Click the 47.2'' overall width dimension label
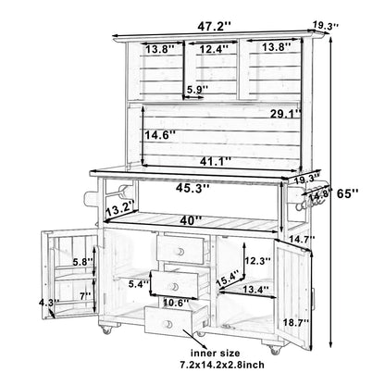click(x=214, y=26)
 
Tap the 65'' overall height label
click(x=347, y=193)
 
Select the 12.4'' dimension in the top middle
click(x=214, y=49)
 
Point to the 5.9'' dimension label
click(x=197, y=89)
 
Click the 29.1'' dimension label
click(x=286, y=114)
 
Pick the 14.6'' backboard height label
click(x=160, y=134)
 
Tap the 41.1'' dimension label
click(x=216, y=161)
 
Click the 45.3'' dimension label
click(x=192, y=188)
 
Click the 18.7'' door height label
click(x=296, y=322)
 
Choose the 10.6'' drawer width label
click(x=176, y=303)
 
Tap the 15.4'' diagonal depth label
click(x=228, y=278)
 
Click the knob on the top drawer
click(x=180, y=252)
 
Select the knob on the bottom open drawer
click(x=168, y=324)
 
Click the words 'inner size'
click(x=215, y=353)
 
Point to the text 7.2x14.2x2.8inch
click(x=222, y=365)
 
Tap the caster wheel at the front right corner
click(x=275, y=350)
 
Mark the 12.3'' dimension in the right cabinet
click(x=257, y=261)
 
